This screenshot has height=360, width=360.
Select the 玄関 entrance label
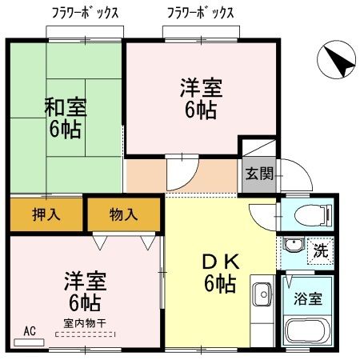coord(258,172)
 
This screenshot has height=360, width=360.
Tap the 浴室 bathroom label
coord(307,299)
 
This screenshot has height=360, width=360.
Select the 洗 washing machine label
coord(320,249)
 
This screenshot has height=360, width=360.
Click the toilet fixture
coord(311,214)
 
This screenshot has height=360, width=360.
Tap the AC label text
coord(30,330)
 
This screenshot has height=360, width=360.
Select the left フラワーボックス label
coord(85,13)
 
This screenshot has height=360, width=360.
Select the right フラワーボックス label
coord(201,13)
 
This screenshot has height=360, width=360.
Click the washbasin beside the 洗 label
coord(294,250)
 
